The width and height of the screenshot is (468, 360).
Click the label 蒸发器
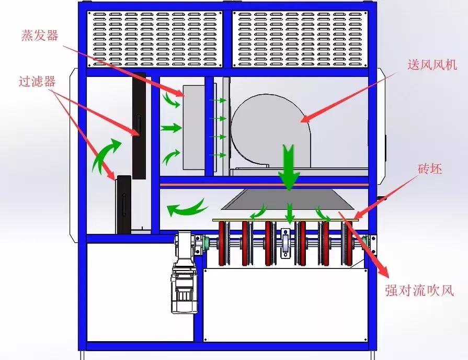pyautogui.click(x=40, y=36)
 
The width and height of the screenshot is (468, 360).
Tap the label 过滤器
pyautogui.click(x=37, y=81)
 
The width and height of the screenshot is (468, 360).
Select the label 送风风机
pyautogui.click(x=432, y=64)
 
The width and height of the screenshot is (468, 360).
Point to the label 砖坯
pyautogui.click(x=430, y=169)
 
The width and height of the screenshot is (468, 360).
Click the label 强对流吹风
pyautogui.click(x=419, y=290)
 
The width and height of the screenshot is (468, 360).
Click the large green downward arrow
pyautogui.click(x=289, y=167)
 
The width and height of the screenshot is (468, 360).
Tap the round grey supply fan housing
pyautogui.click(x=270, y=131)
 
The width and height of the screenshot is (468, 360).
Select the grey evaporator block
pyautogui.click(x=193, y=128)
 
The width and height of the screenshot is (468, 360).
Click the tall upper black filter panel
pyautogui.click(x=139, y=126)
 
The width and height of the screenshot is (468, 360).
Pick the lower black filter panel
pyautogui.click(x=124, y=205)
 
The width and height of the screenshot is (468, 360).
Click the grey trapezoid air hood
pyautogui.click(x=288, y=199)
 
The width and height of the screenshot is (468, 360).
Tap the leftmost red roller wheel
pyautogui.click(x=222, y=243)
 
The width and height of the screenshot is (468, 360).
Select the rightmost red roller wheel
pyautogui.click(x=348, y=243)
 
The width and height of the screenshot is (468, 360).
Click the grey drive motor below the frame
pyautogui.click(x=185, y=273)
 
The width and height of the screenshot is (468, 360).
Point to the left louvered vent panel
pyautogui.click(x=155, y=39)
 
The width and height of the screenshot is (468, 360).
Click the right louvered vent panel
pyautogui.click(x=300, y=39)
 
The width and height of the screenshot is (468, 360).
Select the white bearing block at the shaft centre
pyautogui.click(x=286, y=243)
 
